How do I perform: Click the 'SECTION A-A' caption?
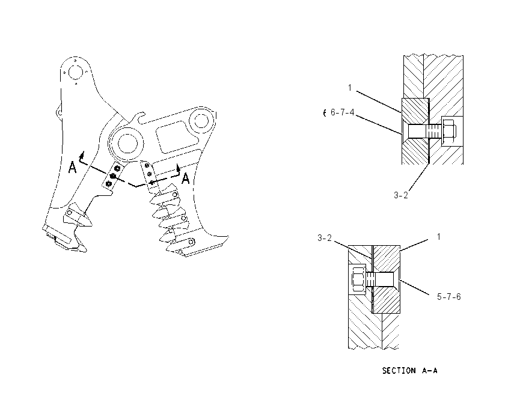(x=409, y=371)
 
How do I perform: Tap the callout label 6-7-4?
(x=342, y=112)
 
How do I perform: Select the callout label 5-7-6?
(x=448, y=297)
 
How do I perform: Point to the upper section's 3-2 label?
(x=401, y=195)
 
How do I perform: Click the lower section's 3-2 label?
(x=325, y=238)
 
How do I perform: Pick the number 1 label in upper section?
(x=350, y=88)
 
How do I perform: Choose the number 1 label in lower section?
(x=439, y=237)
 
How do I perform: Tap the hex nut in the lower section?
(x=358, y=279)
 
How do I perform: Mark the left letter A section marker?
(x=72, y=168)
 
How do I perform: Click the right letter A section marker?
(x=185, y=178)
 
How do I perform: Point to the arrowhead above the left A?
(x=82, y=154)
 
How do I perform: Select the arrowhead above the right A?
(x=178, y=167)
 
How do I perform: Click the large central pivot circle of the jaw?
(x=127, y=144)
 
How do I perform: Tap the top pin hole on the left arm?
(x=76, y=72)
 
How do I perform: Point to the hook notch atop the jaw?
(x=141, y=118)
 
